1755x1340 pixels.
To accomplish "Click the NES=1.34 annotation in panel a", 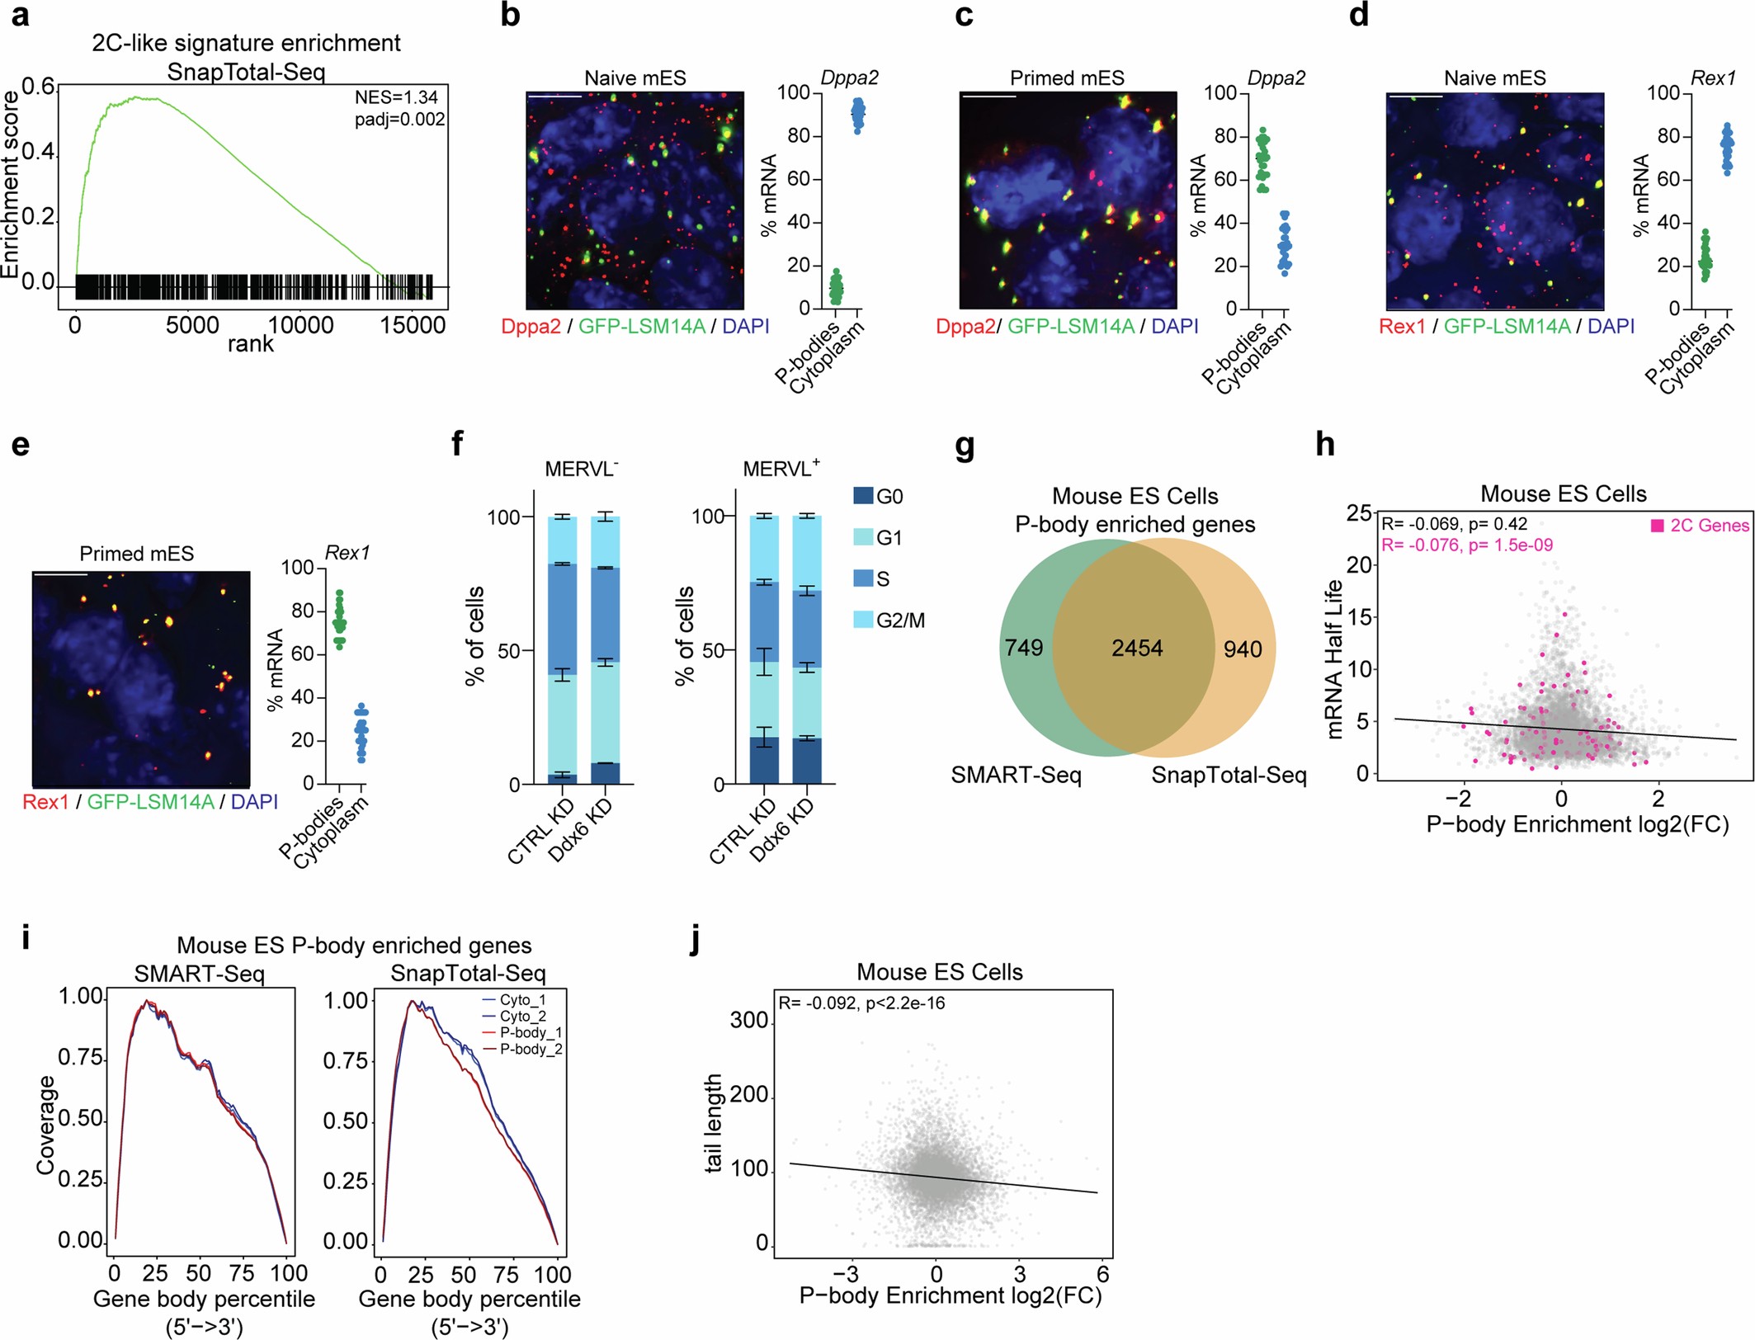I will [x=396, y=97].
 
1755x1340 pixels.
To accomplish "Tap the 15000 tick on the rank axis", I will [x=413, y=325].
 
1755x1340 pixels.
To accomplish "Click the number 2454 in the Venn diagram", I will [x=1137, y=649].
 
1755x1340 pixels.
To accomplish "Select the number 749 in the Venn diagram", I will [x=1024, y=648].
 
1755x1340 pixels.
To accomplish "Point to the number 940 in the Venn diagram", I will [x=1243, y=649].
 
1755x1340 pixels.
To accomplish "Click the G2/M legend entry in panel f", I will [x=899, y=620].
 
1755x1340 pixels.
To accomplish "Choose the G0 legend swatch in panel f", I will [x=863, y=496].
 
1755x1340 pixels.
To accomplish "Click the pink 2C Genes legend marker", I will [x=1657, y=526].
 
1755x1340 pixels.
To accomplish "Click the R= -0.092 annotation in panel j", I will [x=861, y=1003].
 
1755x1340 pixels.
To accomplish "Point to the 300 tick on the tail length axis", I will [x=749, y=1021].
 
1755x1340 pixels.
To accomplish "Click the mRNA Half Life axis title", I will [x=1334, y=660].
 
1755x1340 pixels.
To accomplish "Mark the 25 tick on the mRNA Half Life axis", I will [x=1359, y=513].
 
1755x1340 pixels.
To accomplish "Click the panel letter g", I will [x=964, y=446].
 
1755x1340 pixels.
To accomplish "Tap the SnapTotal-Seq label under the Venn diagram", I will [x=1229, y=776].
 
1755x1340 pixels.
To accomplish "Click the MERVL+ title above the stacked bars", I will [x=781, y=469].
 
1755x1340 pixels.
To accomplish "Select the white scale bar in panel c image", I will [x=988, y=97].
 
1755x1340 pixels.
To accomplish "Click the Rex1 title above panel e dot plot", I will [x=347, y=553].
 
